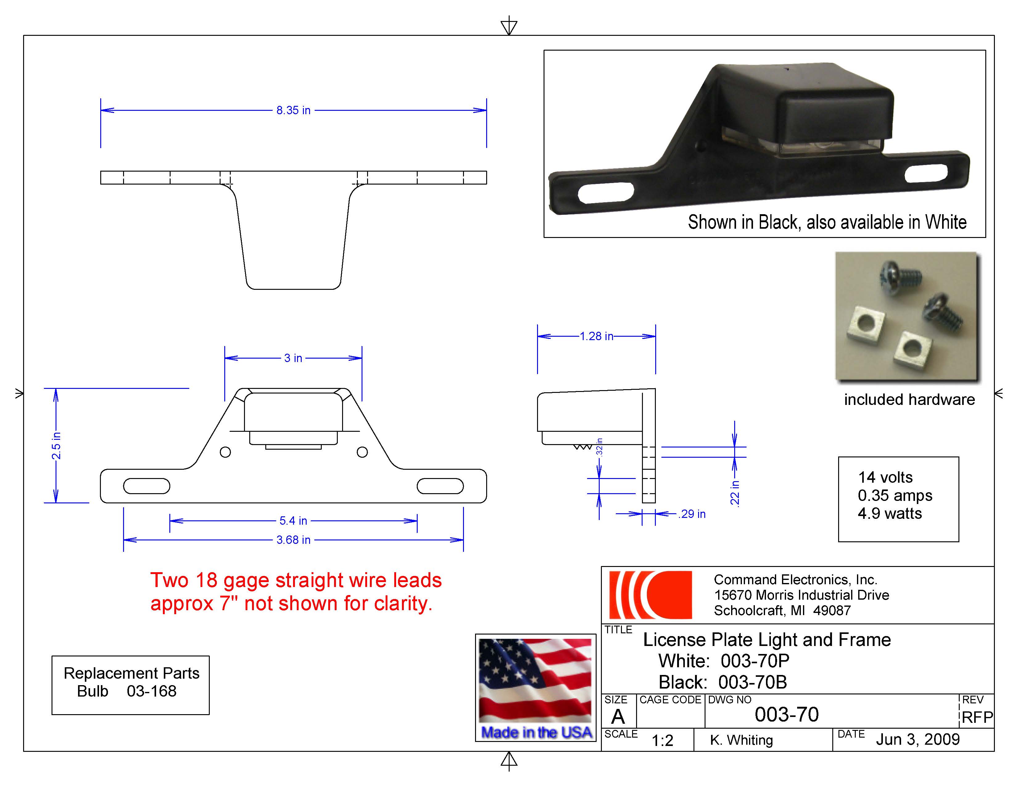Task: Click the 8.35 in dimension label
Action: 293,110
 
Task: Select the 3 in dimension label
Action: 293,358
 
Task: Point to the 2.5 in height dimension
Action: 56,445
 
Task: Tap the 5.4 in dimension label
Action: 293,520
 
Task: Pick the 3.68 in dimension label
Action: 293,540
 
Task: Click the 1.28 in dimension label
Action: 596,336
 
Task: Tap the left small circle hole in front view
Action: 225,452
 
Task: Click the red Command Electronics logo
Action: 650,595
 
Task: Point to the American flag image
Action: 535,681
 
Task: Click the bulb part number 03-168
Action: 151,691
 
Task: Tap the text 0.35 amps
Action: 895,495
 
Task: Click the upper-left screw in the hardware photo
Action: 899,275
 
